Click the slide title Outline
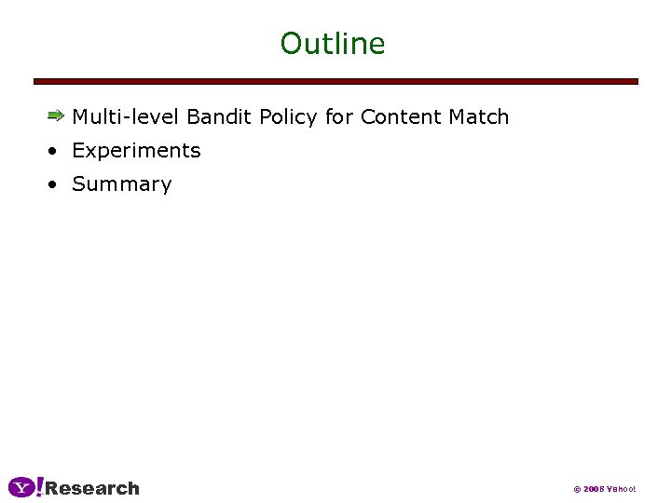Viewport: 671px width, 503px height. (x=333, y=44)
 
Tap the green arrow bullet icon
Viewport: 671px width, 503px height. (x=56, y=116)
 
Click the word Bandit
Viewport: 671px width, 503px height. (x=220, y=117)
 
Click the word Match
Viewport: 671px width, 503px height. (x=479, y=117)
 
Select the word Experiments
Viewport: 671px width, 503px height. (x=136, y=151)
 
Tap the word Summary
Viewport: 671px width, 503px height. (x=122, y=184)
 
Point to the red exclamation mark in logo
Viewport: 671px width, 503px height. (x=39, y=487)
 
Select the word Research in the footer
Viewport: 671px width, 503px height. (x=92, y=488)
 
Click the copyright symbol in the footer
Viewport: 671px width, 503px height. (x=577, y=489)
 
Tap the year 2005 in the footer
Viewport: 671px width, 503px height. (x=594, y=489)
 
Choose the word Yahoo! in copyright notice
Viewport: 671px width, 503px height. (x=622, y=489)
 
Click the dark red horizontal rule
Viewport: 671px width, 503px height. (x=335, y=82)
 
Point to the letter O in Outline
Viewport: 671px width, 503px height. (x=291, y=44)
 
